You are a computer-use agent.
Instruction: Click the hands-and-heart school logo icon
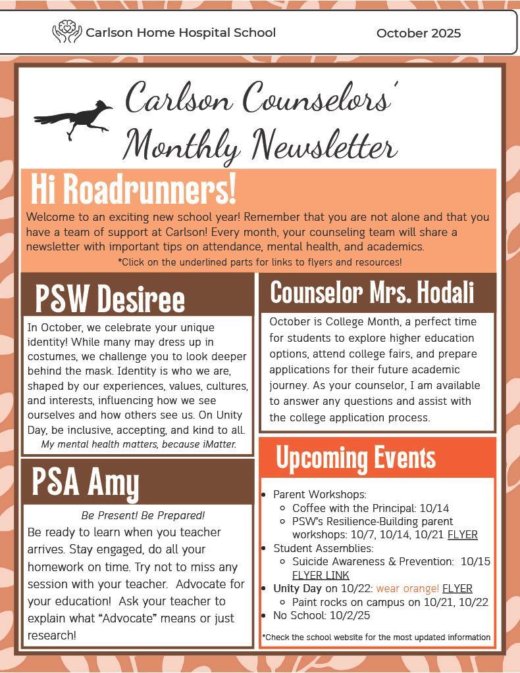(66, 32)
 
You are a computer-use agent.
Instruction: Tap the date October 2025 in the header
(419, 33)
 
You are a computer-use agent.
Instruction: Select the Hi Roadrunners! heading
(133, 189)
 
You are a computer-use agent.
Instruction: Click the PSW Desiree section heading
(110, 298)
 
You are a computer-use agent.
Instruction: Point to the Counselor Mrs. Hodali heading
(372, 293)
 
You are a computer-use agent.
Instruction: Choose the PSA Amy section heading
(86, 482)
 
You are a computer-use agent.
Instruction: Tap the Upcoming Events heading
(355, 458)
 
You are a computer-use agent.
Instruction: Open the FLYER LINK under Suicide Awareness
(321, 575)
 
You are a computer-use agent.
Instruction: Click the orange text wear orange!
(407, 588)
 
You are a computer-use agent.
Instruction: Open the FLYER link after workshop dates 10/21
(463, 535)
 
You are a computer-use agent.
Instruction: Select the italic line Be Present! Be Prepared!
(143, 515)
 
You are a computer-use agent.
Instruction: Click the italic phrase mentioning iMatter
(138, 444)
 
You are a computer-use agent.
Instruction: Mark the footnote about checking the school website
(376, 637)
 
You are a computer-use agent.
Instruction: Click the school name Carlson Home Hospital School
(180, 33)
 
